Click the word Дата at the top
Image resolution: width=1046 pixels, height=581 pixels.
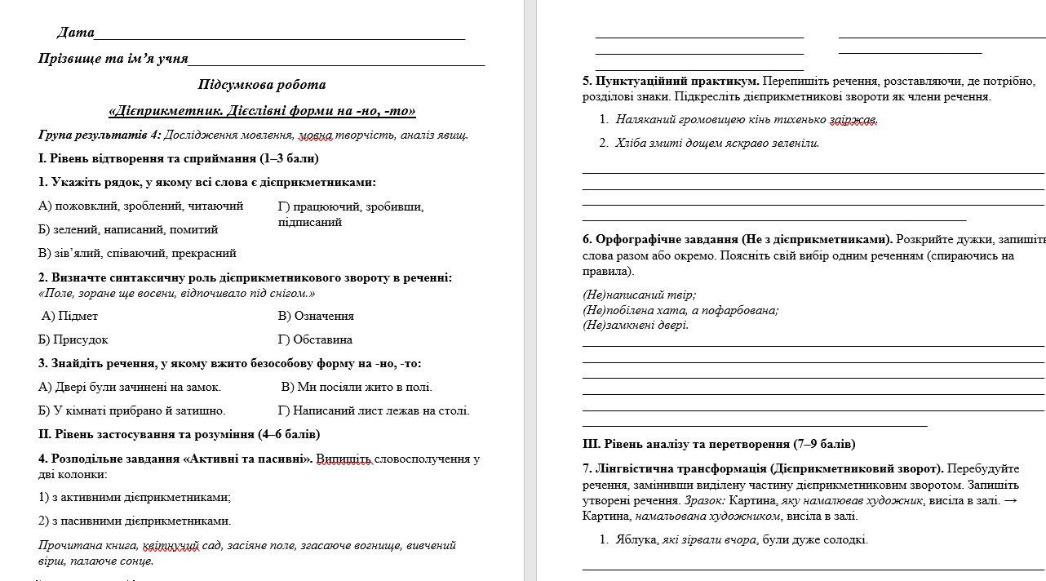tap(75, 33)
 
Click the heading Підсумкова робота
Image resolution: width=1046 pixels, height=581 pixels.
tap(261, 84)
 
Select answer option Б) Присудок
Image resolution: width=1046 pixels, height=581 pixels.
tap(73, 339)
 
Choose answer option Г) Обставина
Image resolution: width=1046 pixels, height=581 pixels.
tap(315, 339)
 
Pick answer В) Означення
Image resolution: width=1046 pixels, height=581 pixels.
tap(316, 316)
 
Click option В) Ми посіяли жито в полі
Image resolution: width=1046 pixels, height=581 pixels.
tap(357, 387)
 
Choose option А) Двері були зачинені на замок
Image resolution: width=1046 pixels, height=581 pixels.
tap(130, 387)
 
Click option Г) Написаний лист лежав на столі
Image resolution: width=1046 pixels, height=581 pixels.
tap(374, 410)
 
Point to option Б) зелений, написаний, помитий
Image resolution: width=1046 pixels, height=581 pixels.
tap(128, 229)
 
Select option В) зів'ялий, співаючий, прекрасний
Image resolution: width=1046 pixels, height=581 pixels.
tap(137, 253)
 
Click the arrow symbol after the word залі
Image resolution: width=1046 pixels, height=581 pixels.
tap(1010, 500)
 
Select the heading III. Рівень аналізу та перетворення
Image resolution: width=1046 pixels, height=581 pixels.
tap(719, 444)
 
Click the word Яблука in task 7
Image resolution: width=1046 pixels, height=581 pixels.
tap(635, 539)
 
